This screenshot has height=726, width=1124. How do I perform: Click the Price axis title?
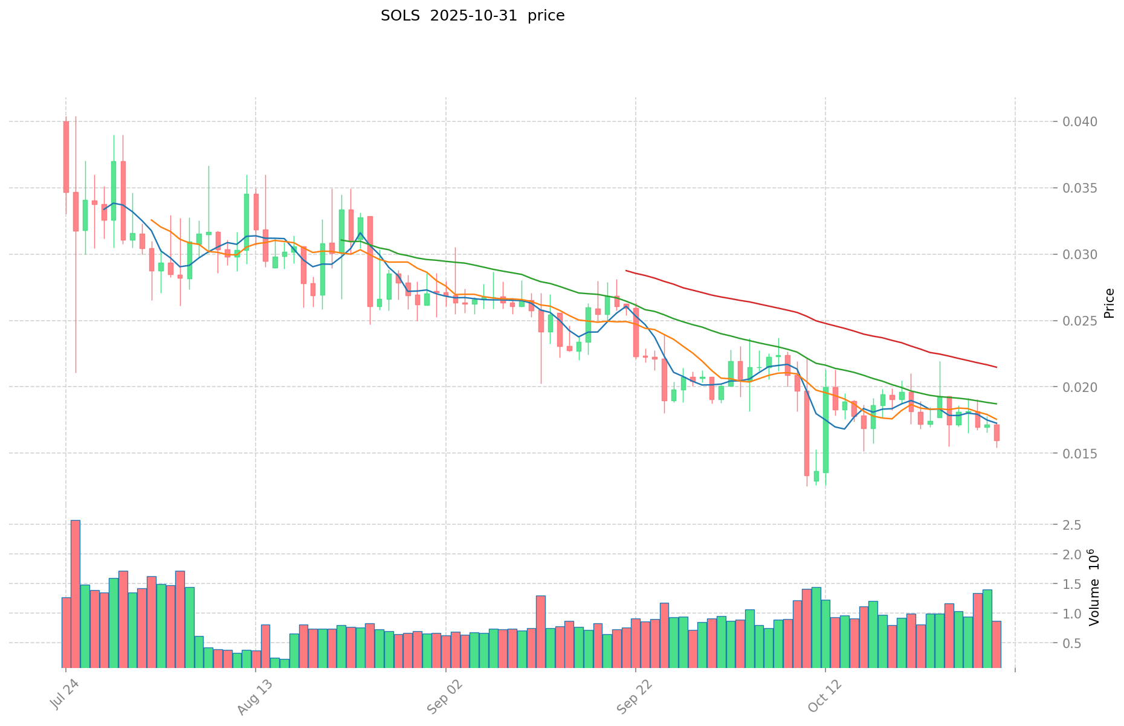1109,303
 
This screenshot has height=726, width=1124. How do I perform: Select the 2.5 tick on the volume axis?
1073,525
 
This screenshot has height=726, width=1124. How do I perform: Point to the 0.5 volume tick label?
1073,643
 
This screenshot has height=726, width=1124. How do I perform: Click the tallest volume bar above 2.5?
76,592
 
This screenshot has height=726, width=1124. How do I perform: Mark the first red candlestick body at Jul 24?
66,157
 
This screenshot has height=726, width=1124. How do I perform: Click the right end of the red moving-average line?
996,367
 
